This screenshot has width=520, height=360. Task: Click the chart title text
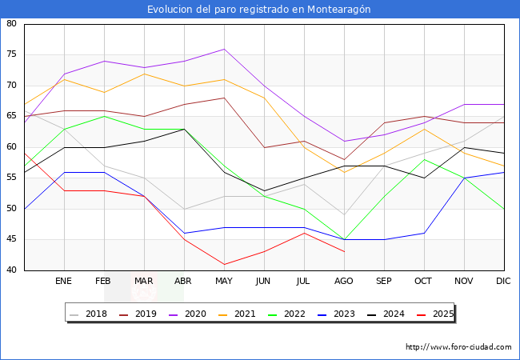(x=259, y=9)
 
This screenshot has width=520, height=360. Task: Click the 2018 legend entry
(x=90, y=314)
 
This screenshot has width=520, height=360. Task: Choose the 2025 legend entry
(x=438, y=314)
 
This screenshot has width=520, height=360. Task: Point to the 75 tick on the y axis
(x=12, y=55)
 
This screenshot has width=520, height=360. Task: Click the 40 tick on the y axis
(x=12, y=270)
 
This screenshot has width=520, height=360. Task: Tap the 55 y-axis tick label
(x=12, y=178)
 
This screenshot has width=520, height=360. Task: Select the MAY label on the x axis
(x=224, y=282)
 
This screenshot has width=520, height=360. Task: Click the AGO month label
(x=344, y=282)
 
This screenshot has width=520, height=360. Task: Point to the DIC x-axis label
(x=503, y=282)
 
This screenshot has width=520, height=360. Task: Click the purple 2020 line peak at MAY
(x=224, y=49)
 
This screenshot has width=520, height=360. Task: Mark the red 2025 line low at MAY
(x=224, y=264)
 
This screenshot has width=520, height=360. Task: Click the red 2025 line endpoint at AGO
(x=344, y=252)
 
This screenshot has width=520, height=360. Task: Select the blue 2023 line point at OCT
(x=424, y=233)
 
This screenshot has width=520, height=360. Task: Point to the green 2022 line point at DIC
(x=503, y=209)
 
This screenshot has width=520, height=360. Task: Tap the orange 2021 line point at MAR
(x=144, y=74)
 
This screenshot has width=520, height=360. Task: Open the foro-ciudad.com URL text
(x=458, y=347)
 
